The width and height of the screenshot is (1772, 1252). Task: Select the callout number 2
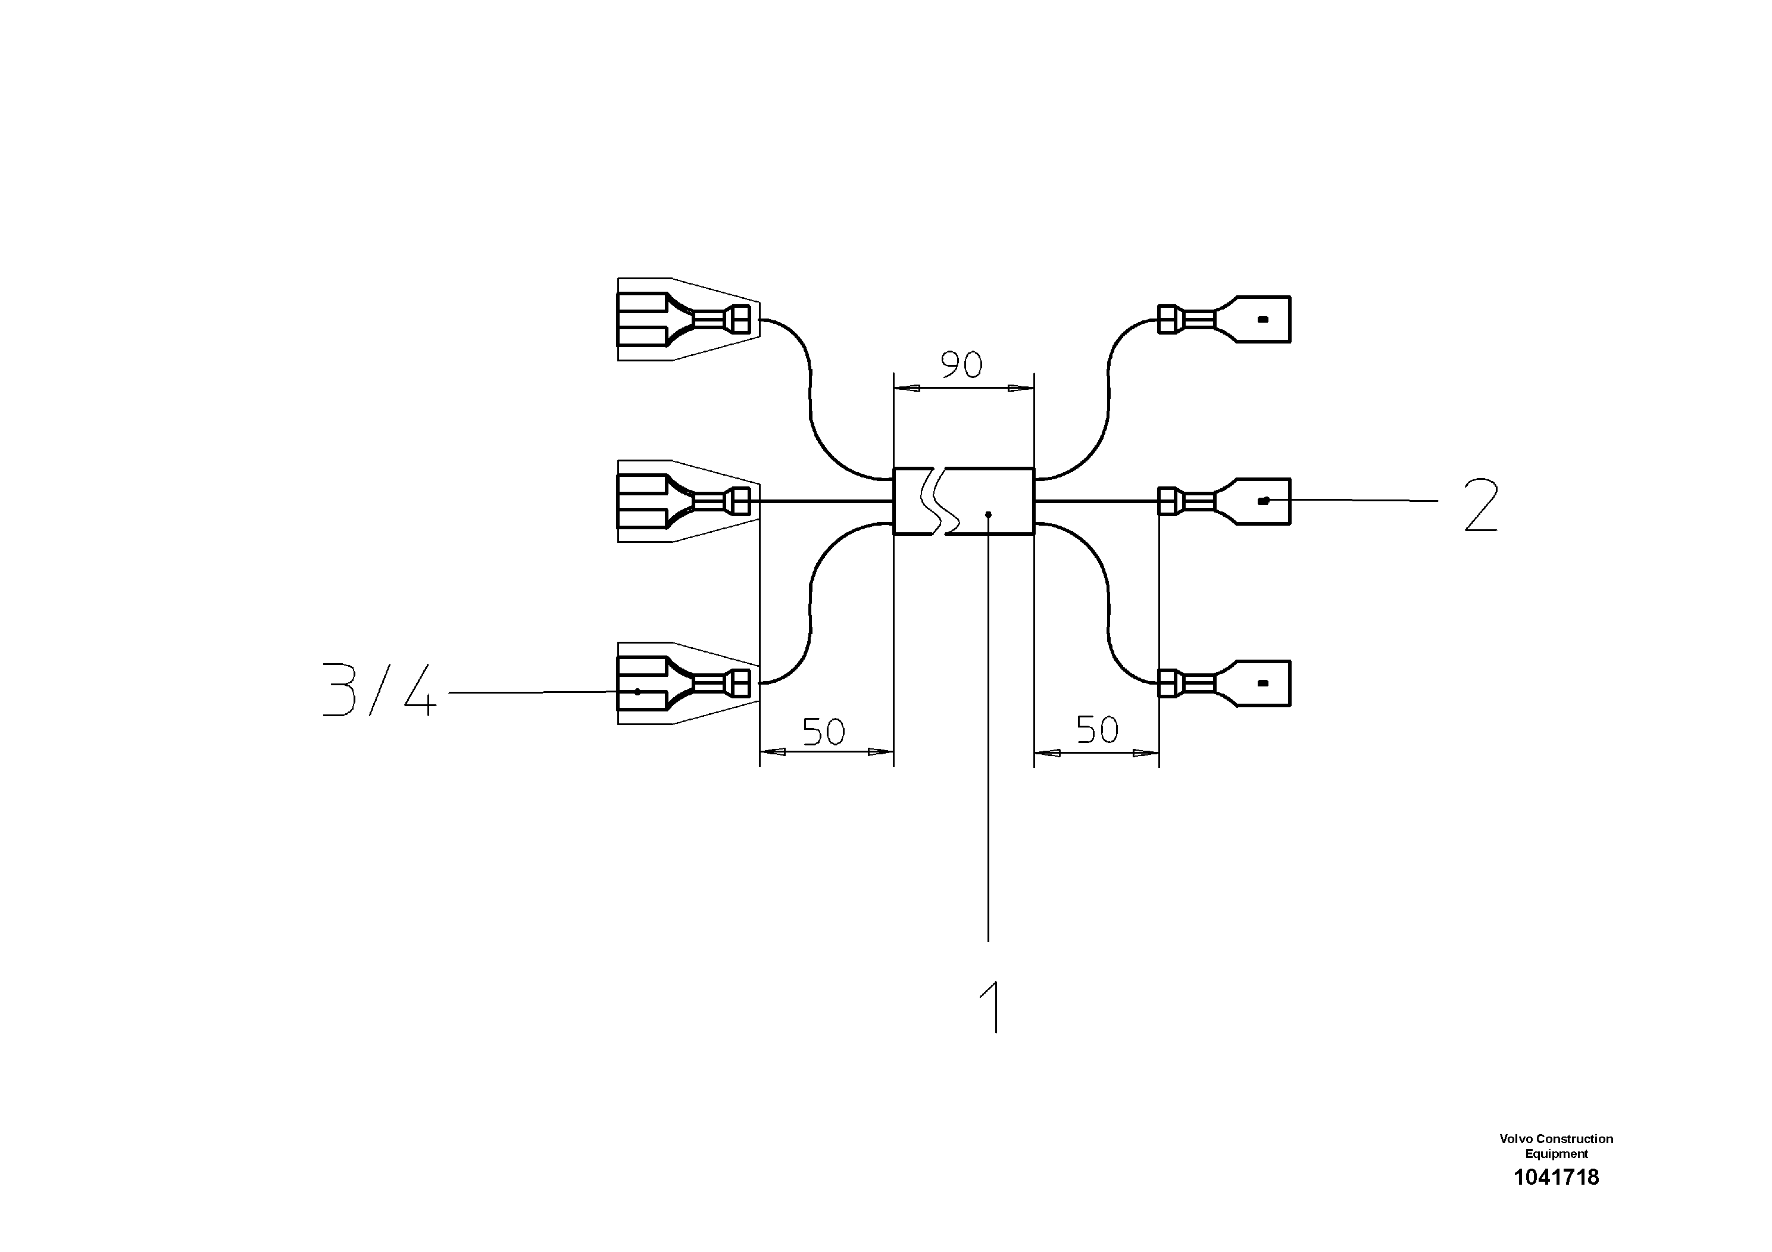click(x=1480, y=505)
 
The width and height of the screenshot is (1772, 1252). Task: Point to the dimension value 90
click(x=962, y=364)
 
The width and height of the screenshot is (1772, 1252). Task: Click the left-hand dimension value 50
click(x=823, y=731)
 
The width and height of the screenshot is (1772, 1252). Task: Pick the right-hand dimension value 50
click(x=1096, y=729)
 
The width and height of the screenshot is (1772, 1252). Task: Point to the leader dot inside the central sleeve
click(x=988, y=514)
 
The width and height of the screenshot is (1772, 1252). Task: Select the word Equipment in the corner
click(x=1556, y=1154)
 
